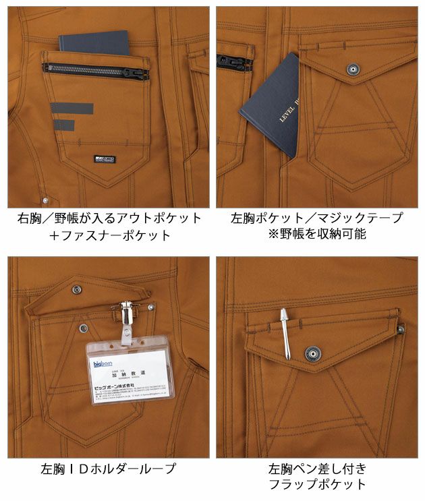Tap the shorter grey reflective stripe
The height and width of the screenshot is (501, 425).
pos(62,125)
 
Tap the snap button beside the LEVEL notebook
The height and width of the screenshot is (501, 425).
pos(351,68)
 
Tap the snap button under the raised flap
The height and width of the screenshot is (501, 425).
pos(83,328)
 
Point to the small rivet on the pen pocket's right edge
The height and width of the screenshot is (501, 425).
pos(400,329)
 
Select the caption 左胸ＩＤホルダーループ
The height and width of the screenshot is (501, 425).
pos(108,469)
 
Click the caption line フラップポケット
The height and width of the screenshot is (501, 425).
pos(317,484)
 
